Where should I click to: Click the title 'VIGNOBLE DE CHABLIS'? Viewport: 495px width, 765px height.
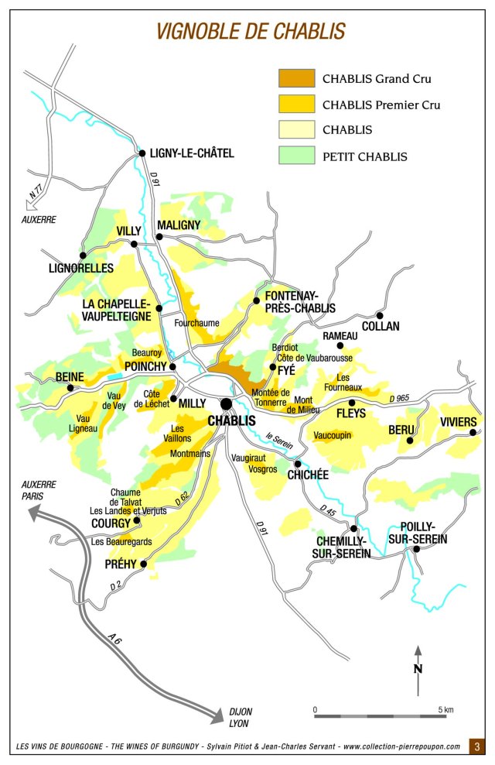[x=251, y=31]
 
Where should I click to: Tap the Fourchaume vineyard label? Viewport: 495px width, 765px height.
[x=196, y=323]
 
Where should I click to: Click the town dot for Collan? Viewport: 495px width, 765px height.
[x=379, y=315]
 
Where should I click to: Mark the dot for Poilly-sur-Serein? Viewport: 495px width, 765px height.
[x=416, y=549]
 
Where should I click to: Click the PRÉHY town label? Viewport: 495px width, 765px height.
[x=121, y=564]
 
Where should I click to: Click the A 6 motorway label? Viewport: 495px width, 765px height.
[x=114, y=637]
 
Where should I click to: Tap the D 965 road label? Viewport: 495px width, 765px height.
[x=402, y=398]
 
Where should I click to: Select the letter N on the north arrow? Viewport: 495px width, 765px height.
[x=418, y=669]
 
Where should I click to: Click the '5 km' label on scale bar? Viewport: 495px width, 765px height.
[x=445, y=708]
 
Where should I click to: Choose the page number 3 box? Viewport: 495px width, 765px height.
[x=477, y=747]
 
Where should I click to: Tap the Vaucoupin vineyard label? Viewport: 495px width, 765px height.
[x=333, y=436]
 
